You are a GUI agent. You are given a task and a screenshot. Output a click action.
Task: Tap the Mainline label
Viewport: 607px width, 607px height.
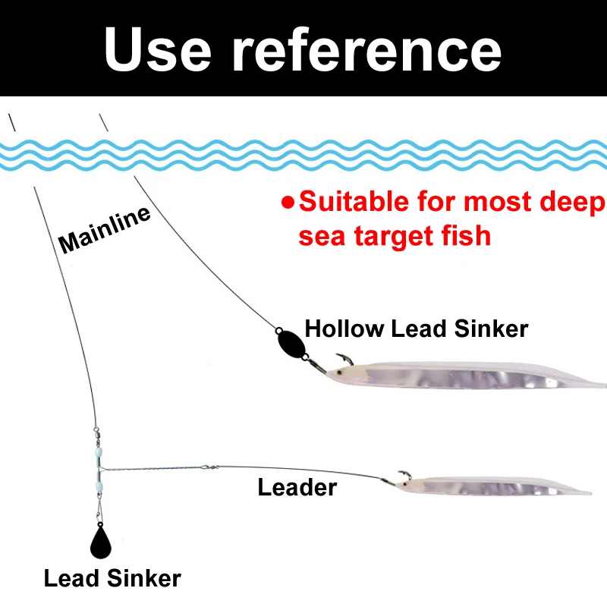coord(105,229)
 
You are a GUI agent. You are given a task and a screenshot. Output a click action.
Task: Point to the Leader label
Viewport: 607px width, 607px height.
coord(297,487)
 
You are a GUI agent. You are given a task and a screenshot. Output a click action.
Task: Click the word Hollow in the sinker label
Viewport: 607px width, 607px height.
coord(344,329)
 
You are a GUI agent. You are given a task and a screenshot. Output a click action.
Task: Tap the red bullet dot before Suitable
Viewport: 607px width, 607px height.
coord(288,203)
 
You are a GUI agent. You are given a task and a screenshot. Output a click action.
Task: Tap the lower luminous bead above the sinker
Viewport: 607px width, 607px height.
coord(99,482)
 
